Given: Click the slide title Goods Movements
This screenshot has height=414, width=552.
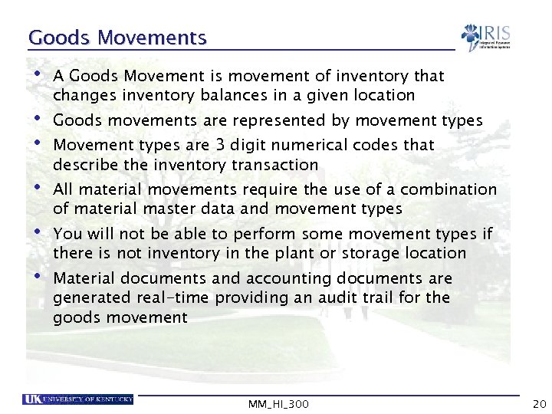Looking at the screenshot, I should (117, 38).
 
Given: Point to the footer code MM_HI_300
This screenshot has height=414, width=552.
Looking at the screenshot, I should (279, 403).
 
